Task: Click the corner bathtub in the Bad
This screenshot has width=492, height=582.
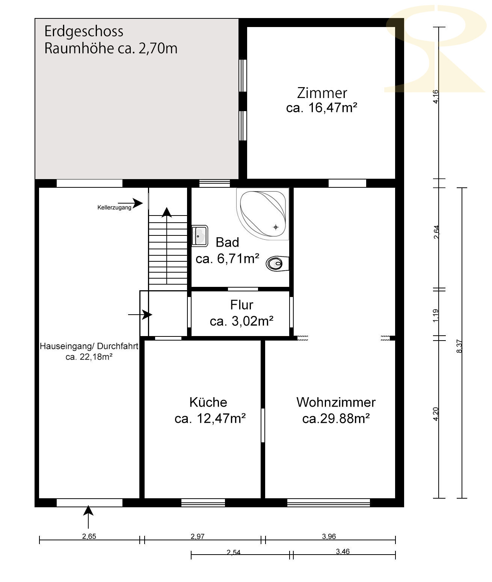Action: [x=263, y=214]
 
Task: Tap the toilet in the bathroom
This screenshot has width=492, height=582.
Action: [x=278, y=264]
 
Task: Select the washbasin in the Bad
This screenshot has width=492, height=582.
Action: [x=200, y=236]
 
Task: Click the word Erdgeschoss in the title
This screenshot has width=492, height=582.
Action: [x=84, y=31]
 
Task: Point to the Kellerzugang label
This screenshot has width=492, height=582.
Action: [x=114, y=208]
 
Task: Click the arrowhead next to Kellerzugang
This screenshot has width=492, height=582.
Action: [x=138, y=203]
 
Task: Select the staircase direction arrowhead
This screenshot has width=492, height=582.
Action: [x=167, y=212]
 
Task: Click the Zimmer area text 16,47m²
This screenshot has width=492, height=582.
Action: [x=333, y=108]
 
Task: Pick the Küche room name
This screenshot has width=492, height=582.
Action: [x=208, y=402]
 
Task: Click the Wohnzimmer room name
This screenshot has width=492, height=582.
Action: [x=336, y=403]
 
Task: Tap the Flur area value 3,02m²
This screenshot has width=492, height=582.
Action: [x=252, y=321]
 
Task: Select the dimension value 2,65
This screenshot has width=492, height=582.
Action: [x=89, y=537]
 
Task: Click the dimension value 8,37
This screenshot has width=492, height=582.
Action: [x=459, y=346]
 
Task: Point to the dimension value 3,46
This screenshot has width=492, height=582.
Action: [x=343, y=552]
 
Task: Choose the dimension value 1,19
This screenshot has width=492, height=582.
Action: [x=436, y=316]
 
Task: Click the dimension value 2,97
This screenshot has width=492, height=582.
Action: [x=198, y=537]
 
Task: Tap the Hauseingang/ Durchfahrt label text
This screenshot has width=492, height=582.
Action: [x=89, y=346]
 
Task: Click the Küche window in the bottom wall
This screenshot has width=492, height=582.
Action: [x=203, y=503]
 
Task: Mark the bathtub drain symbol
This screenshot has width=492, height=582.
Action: [x=276, y=227]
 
